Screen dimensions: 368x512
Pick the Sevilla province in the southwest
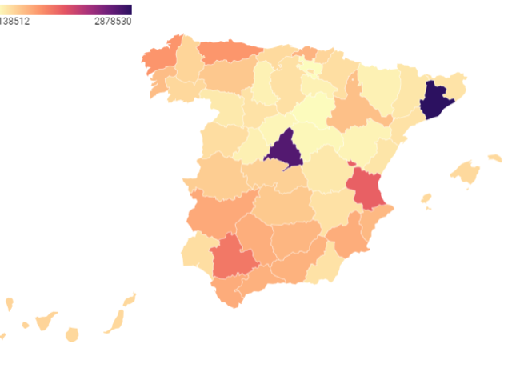coord(234,258)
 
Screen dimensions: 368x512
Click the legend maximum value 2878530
coord(112,22)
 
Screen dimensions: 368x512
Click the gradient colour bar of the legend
coord(66,10)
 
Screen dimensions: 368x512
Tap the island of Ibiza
coord(426,198)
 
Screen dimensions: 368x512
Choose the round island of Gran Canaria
coord(72,334)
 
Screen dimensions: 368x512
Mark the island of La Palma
coord(10,304)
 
